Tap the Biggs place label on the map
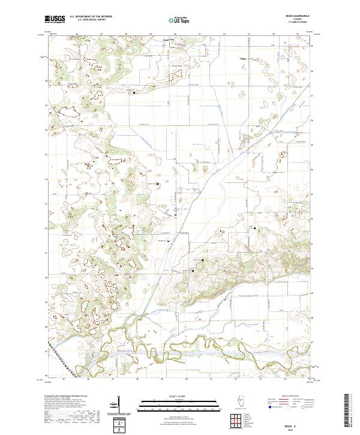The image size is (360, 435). tap(244, 59)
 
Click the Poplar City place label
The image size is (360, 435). tap(169, 41)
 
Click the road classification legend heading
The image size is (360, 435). tap(295, 397)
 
